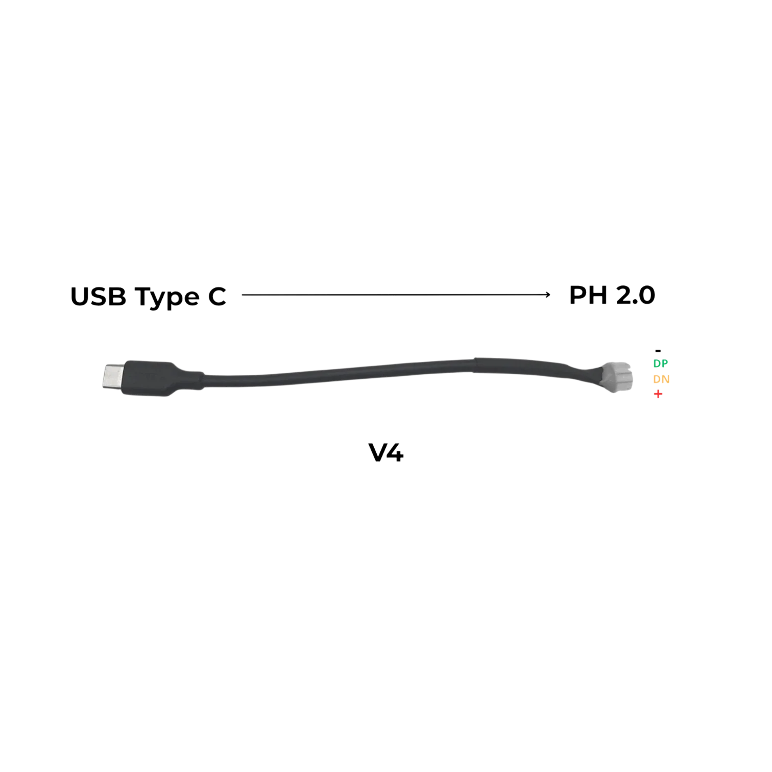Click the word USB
coord(98,297)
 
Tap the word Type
coord(167,298)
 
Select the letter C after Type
coord(217,297)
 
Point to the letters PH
coord(588,295)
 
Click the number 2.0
coord(635,295)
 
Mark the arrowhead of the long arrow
coord(548,295)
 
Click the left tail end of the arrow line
coord(243,295)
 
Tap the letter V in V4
coord(378,452)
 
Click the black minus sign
coord(658,351)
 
